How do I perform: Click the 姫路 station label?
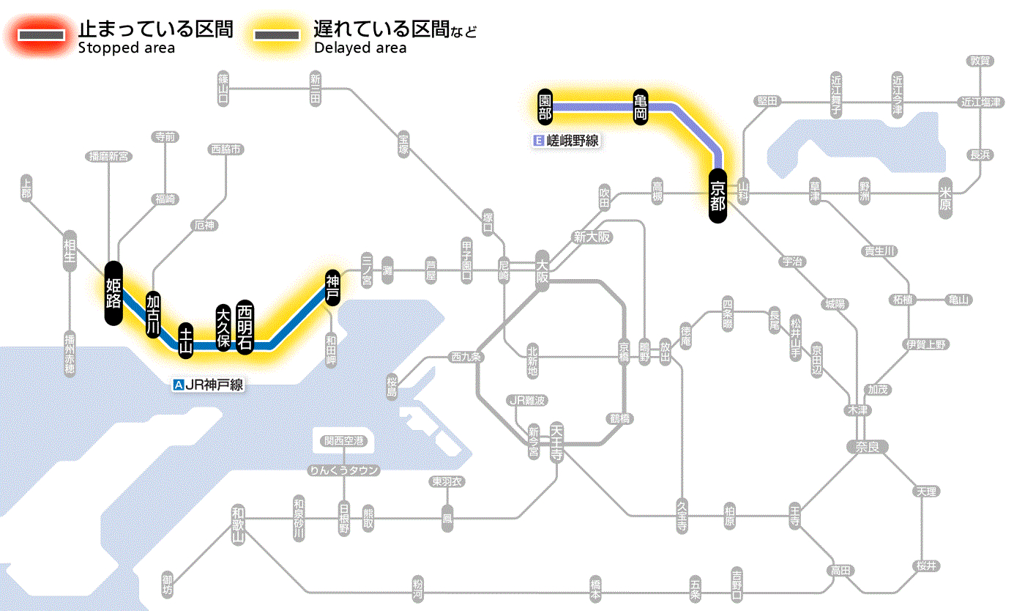[113, 292]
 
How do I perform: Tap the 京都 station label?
[717, 195]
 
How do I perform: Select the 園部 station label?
[545, 107]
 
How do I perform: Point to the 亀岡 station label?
[641, 107]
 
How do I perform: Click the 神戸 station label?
[332, 286]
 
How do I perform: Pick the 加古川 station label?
[153, 315]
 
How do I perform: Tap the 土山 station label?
[186, 341]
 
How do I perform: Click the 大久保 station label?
[223, 327]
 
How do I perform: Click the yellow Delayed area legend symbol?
[277, 36]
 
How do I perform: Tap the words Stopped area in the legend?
[126, 48]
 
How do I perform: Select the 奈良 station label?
[867, 446]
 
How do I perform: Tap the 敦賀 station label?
[980, 61]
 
